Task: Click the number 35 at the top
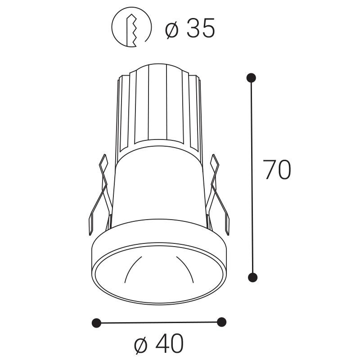[201, 29]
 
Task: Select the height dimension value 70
[277, 170]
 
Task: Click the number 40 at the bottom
[170, 344]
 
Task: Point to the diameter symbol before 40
[141, 345]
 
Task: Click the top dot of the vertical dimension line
[252, 78]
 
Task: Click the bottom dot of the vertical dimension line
[253, 276]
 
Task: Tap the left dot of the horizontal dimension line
[96, 323]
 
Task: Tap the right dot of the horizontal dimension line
[221, 322]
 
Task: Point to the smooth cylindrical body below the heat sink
[160, 189]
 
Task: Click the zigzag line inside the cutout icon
[134, 29]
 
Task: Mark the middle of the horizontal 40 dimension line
[158, 322]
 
